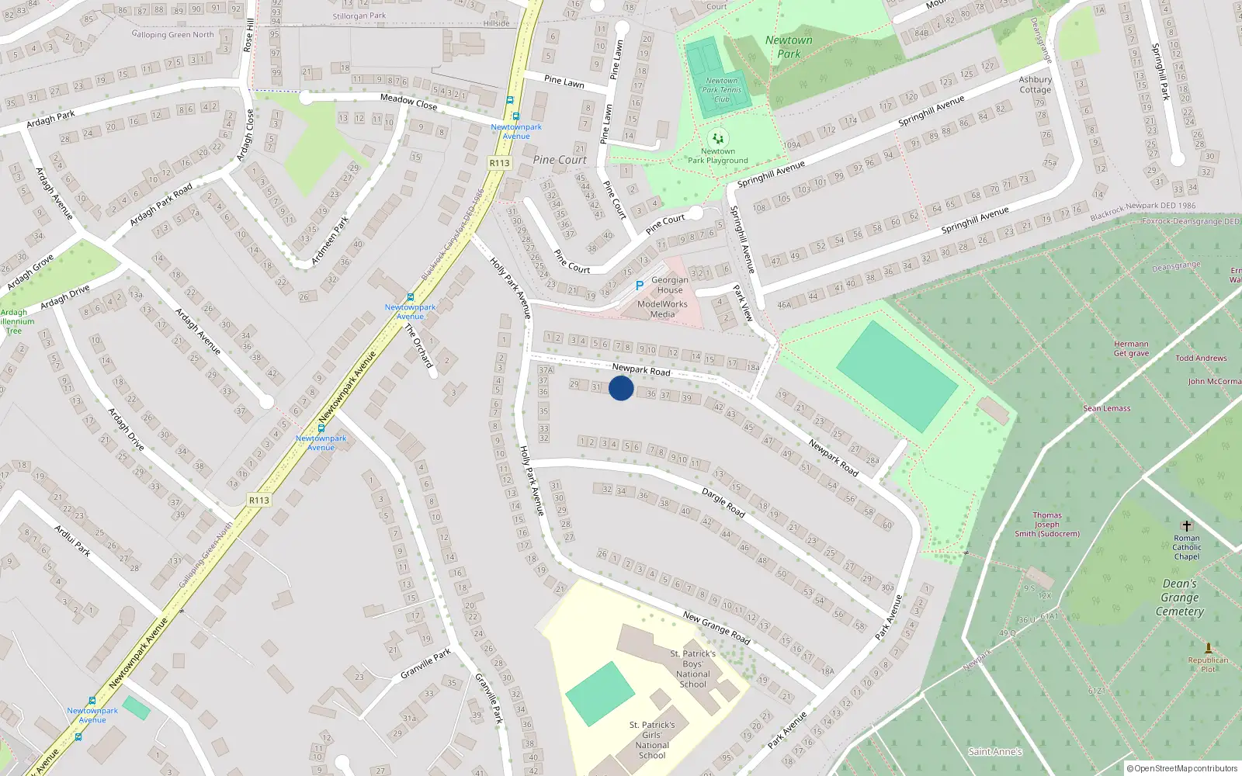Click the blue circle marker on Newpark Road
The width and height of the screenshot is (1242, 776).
coord(621,388)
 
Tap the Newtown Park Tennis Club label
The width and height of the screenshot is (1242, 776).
coord(722,90)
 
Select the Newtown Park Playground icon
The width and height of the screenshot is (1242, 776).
coord(718,138)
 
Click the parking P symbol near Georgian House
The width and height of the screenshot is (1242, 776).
coord(640,286)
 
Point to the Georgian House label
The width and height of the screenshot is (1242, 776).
coord(670,285)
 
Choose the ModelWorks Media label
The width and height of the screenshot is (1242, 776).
coord(662,309)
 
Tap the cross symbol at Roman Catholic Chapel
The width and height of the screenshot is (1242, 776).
coord(1186,526)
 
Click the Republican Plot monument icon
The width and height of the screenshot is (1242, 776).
coord(1208,648)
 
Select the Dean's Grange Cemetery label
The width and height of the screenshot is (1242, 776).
coord(1180,598)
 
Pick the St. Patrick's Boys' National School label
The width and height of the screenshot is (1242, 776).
coord(693,669)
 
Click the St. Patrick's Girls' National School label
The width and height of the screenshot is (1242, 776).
coord(652,740)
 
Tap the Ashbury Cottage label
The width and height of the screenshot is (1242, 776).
coord(1036,85)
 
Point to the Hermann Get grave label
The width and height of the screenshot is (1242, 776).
coord(1131,348)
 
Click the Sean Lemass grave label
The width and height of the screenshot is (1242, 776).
coord(1107,408)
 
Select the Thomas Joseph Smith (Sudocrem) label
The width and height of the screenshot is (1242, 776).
coord(1047,525)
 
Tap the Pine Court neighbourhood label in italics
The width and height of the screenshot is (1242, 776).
coord(560,160)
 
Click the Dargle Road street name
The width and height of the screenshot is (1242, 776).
coord(723,503)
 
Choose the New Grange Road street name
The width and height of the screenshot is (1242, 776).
coord(716,628)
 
